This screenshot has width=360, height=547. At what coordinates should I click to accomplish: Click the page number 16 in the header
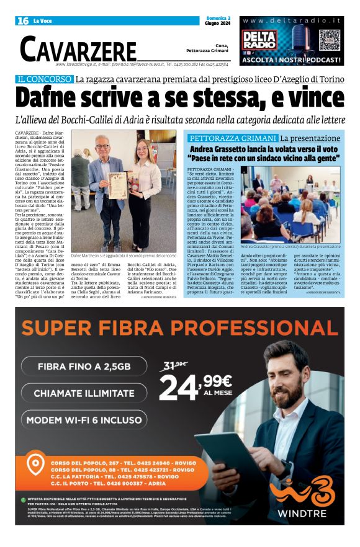[x=23, y=21]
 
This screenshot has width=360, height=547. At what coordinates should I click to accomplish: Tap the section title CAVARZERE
[x=78, y=49]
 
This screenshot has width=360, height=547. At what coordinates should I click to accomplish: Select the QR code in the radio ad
[x=329, y=40]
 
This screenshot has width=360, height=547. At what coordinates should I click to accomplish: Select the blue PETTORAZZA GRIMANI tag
[x=233, y=138]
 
